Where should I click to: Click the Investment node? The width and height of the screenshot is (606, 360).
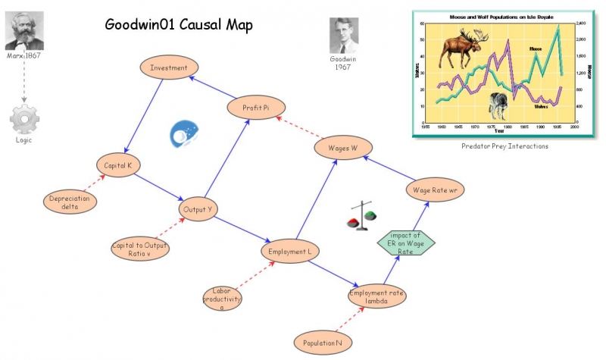169,67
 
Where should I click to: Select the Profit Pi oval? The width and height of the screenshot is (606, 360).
255,108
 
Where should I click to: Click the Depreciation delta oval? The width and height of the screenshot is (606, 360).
70,202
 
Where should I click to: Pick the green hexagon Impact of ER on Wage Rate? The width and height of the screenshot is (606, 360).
406,243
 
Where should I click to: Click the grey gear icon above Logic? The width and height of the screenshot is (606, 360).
24,120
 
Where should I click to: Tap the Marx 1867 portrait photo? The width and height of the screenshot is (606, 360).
24,31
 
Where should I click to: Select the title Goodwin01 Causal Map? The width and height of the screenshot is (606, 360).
179,25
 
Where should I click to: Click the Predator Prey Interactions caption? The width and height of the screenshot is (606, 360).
504,146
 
